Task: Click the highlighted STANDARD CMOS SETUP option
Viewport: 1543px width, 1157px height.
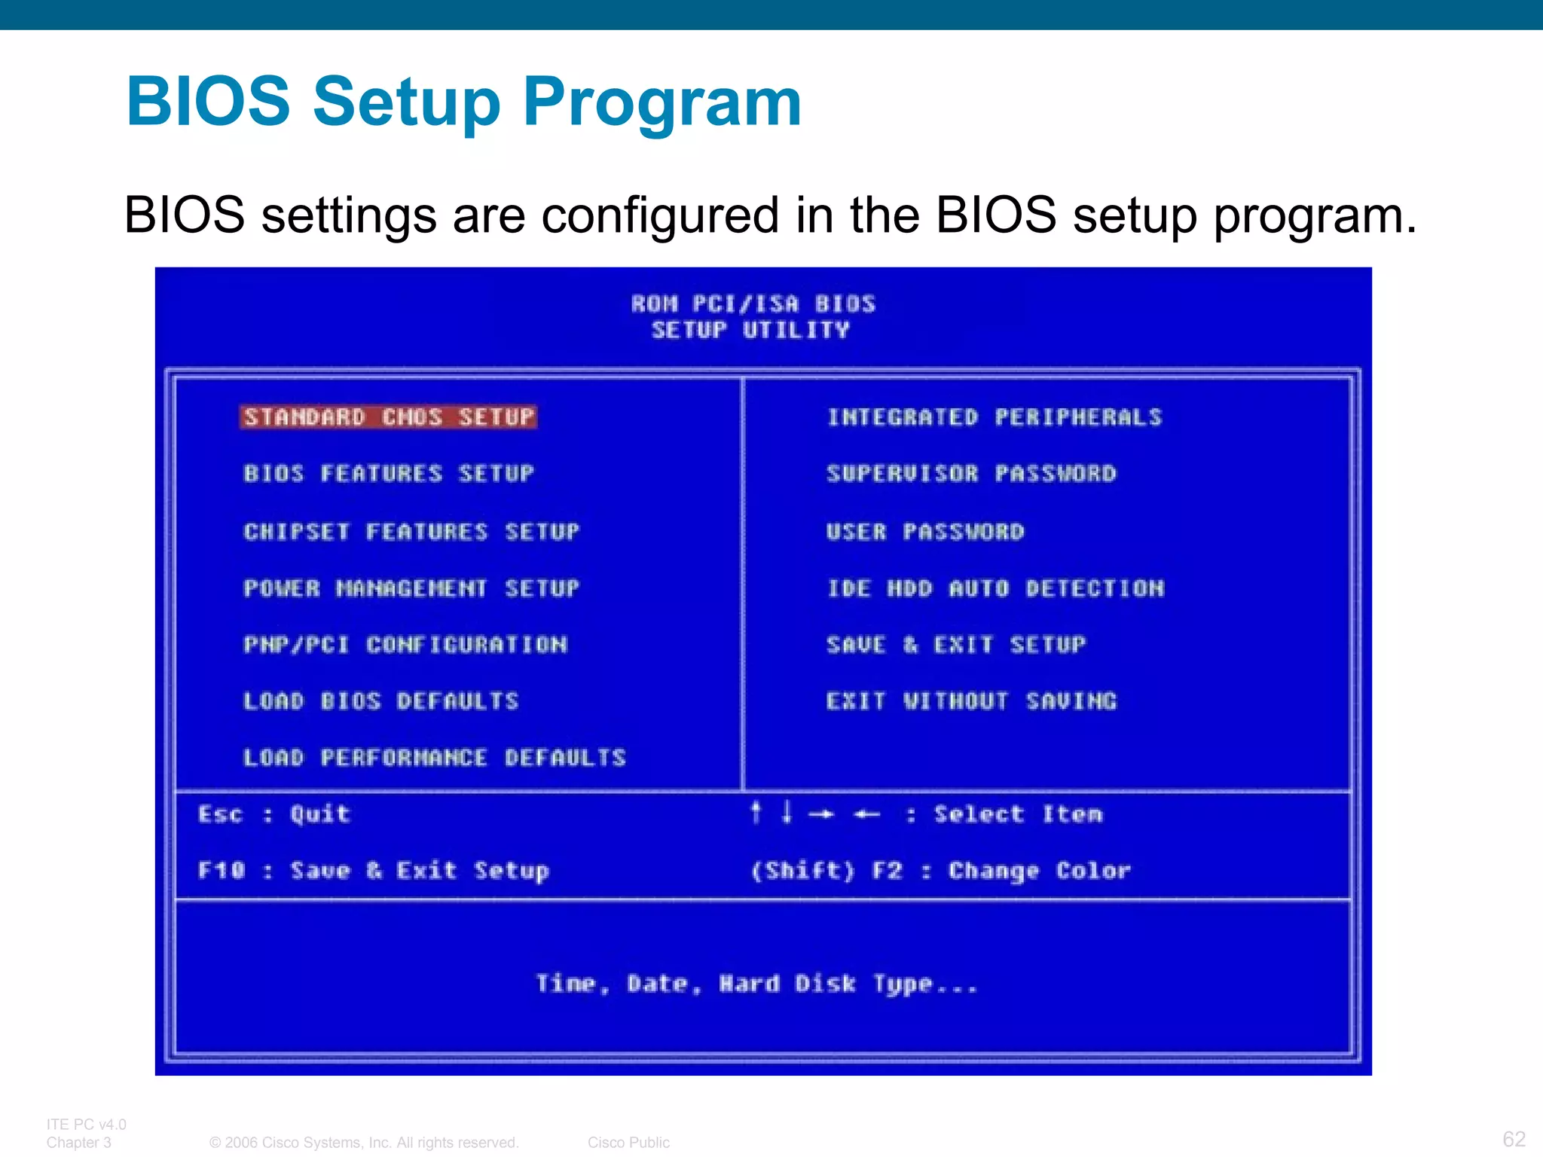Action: pyautogui.click(x=389, y=417)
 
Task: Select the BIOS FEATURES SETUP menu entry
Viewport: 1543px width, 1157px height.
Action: pyautogui.click(x=389, y=474)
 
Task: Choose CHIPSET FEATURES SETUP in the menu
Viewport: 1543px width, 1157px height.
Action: pyautogui.click(x=411, y=532)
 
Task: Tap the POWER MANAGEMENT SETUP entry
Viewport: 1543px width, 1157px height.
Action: pyautogui.click(x=411, y=588)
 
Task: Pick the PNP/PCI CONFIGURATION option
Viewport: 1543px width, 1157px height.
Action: pyautogui.click(x=405, y=645)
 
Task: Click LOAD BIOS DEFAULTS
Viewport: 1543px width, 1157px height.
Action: pyautogui.click(x=381, y=701)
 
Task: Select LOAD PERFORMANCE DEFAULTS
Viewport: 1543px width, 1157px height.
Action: pyautogui.click(x=435, y=758)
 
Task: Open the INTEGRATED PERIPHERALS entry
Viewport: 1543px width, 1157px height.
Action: pyautogui.click(x=995, y=417)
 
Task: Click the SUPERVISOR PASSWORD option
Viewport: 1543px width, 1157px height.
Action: pyautogui.click(x=971, y=474)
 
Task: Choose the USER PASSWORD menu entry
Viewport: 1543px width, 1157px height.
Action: pyautogui.click(x=925, y=532)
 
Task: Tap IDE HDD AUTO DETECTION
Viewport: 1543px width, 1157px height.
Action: pyautogui.click(x=995, y=588)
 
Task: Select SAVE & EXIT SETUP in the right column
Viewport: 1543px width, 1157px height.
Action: pyautogui.click(x=956, y=645)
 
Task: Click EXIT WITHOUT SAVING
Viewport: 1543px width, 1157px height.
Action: pyautogui.click(x=971, y=701)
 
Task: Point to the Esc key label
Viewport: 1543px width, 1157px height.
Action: pyautogui.click(x=220, y=814)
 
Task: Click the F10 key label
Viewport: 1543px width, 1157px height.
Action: pyautogui.click(x=222, y=871)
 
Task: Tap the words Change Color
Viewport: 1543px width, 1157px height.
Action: pyautogui.click(x=1040, y=871)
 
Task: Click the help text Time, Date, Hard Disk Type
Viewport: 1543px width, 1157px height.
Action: pyautogui.click(x=756, y=984)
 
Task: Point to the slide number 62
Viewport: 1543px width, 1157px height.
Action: pyautogui.click(x=1514, y=1138)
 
